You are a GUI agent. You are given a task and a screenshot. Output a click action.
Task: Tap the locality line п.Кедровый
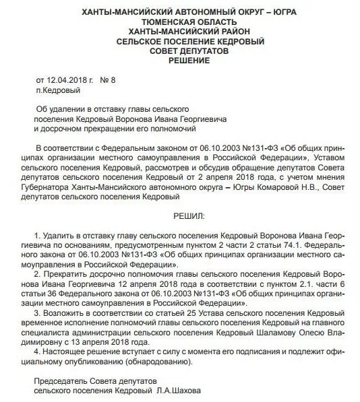click(x=58, y=90)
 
